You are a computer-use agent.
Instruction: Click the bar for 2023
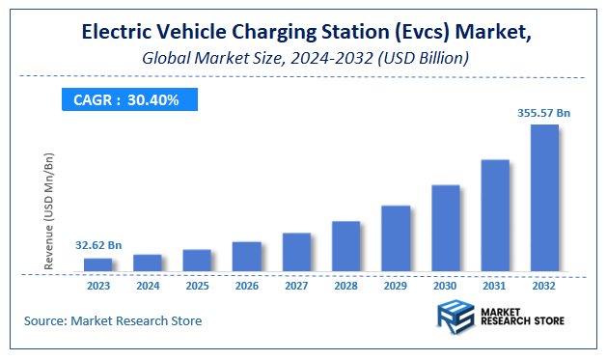pyautogui.click(x=97, y=264)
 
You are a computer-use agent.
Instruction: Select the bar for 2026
pyautogui.click(x=246, y=256)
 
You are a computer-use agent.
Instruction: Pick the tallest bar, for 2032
pyautogui.click(x=544, y=198)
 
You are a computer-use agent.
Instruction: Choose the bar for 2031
pyautogui.click(x=495, y=215)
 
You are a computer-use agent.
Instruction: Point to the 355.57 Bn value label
pyautogui.click(x=543, y=113)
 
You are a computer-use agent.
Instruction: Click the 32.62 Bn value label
pyautogui.click(x=97, y=245)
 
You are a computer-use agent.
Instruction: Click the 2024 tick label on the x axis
pyautogui.click(x=148, y=286)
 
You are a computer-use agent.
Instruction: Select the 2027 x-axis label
pyautogui.click(x=296, y=286)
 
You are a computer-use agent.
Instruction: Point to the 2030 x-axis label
pyautogui.click(x=445, y=286)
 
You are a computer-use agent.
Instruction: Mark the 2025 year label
pyautogui.click(x=197, y=286)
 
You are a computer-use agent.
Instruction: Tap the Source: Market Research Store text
pyautogui.click(x=113, y=320)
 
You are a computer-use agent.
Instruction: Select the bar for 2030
pyautogui.click(x=445, y=228)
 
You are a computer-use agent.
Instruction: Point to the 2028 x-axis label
pyautogui.click(x=345, y=286)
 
